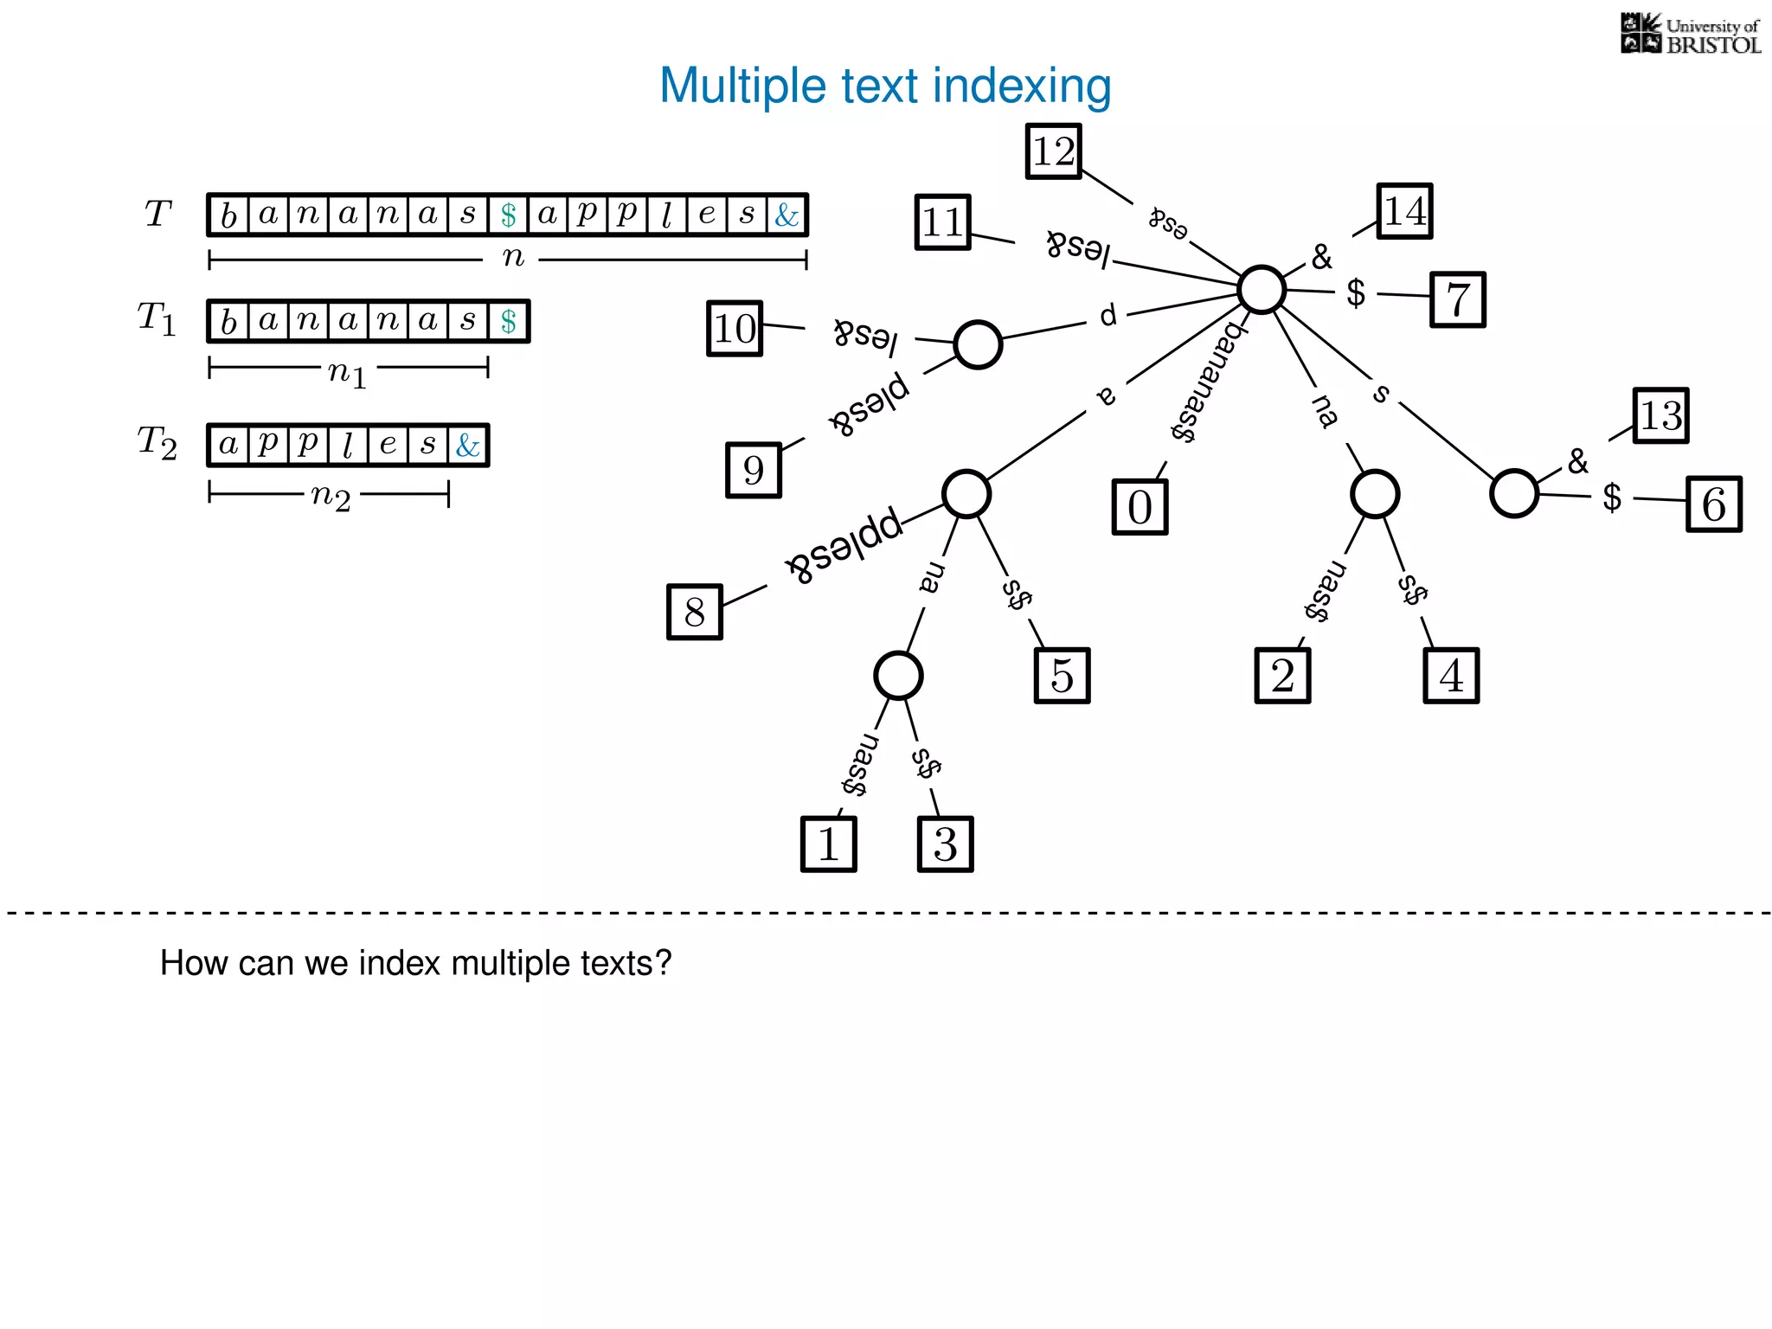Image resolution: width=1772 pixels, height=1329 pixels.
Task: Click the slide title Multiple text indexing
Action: (x=885, y=86)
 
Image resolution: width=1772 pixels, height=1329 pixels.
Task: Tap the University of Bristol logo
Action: (x=1690, y=35)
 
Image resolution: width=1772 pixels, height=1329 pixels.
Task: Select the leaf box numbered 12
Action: (x=1053, y=151)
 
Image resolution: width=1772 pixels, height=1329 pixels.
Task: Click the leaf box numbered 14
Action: (x=1404, y=211)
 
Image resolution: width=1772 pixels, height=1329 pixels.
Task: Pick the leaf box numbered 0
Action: (x=1140, y=507)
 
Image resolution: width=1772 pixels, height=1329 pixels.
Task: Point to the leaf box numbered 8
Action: (x=694, y=613)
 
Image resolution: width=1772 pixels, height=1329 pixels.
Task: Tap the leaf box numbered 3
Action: (x=945, y=844)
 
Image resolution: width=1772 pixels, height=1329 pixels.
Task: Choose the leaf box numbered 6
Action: (x=1713, y=504)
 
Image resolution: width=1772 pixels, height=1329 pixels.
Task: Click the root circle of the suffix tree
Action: (x=1261, y=289)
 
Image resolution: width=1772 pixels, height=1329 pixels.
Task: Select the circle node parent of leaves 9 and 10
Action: (x=978, y=344)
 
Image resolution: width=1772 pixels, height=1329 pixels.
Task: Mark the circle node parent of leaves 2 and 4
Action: (x=1374, y=494)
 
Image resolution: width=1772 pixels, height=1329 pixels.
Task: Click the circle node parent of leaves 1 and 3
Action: (x=898, y=675)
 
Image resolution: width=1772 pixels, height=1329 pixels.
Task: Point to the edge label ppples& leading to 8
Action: (x=844, y=545)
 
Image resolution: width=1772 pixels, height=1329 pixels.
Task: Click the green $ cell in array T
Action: (x=508, y=215)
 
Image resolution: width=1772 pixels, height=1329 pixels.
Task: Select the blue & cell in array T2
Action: (x=467, y=446)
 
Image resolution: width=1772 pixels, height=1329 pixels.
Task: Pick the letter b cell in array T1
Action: (x=228, y=322)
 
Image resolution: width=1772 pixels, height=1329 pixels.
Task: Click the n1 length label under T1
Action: (x=347, y=372)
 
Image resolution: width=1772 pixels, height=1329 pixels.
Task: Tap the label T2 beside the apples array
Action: (x=157, y=442)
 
